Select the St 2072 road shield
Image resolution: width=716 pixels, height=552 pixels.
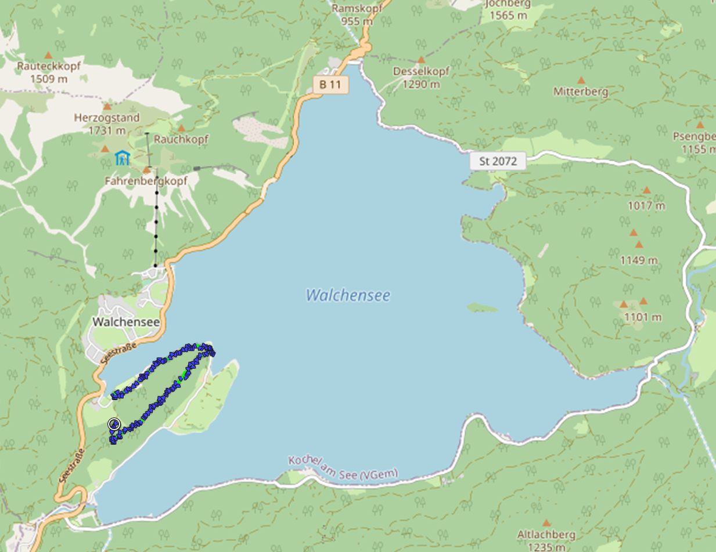pos(498,161)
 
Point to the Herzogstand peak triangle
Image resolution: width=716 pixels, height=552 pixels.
pos(107,107)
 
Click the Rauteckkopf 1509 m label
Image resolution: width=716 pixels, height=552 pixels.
pos(49,72)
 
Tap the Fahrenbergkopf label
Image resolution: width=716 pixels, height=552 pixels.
pos(146,181)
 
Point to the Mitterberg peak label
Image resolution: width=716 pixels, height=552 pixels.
pos(581,91)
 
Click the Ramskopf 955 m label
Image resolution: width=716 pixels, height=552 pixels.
pos(351,15)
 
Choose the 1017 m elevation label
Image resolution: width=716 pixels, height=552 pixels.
pos(646,206)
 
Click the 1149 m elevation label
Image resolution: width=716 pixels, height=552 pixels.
pos(638,260)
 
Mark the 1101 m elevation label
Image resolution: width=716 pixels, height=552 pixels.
pos(643,317)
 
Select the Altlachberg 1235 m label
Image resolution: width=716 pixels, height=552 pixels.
pos(546,540)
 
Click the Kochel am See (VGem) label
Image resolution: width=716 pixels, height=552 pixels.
pos(344,468)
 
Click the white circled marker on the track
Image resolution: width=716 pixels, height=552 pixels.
pos(114,424)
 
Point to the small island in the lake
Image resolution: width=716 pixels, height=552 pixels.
pos(482,307)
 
